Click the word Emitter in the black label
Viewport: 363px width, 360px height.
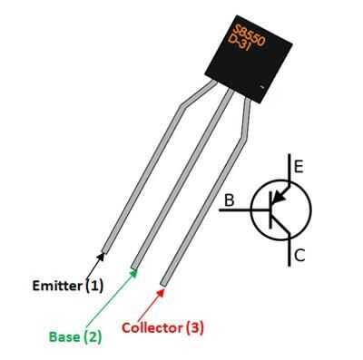[57, 286]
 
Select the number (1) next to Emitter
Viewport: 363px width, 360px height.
[94, 286]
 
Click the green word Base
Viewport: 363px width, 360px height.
[64, 336]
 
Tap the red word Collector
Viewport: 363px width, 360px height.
[152, 328]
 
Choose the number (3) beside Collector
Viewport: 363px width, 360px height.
[195, 327]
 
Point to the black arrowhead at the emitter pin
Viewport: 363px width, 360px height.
[101, 257]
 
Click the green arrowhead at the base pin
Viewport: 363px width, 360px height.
[133, 272]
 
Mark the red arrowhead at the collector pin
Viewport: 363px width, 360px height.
[161, 292]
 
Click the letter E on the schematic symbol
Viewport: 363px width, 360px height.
[299, 167]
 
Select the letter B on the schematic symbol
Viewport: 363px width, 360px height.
[230, 200]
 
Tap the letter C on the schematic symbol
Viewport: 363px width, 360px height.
[299, 256]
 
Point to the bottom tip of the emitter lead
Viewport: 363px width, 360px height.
[104, 251]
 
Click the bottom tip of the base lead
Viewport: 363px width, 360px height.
[134, 267]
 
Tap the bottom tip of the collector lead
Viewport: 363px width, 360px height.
[163, 285]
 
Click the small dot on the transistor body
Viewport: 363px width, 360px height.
[262, 87]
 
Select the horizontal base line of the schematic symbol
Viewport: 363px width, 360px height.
[244, 209]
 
